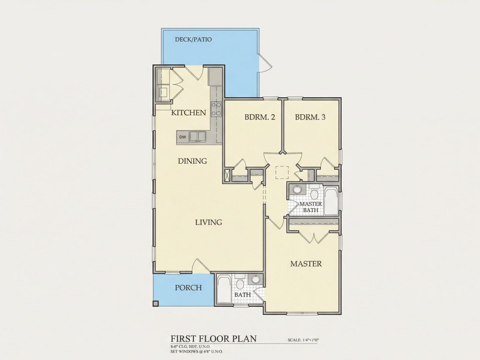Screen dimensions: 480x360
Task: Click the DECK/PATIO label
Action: pyautogui.click(x=193, y=39)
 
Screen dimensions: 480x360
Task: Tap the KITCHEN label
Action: pyautogui.click(x=188, y=113)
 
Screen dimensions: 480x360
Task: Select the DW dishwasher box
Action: pyautogui.click(x=182, y=137)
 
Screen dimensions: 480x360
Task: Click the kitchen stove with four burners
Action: pyautogui.click(x=216, y=109)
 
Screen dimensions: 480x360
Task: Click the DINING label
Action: pyautogui.click(x=192, y=161)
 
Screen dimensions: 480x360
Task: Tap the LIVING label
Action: pyautogui.click(x=209, y=222)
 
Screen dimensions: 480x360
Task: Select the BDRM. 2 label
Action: pyautogui.click(x=259, y=117)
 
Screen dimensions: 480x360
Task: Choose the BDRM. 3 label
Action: pyautogui.click(x=310, y=117)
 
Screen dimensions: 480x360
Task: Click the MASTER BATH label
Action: pyautogui.click(x=310, y=207)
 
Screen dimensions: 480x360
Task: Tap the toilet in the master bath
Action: pyautogui.click(x=314, y=193)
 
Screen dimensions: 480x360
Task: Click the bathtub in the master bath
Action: pyautogui.click(x=331, y=202)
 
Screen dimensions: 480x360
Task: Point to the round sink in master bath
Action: pyautogui.click(x=297, y=189)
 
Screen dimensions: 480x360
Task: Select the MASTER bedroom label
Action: pyautogui.click(x=306, y=264)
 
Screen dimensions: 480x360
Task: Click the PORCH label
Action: pyautogui.click(x=188, y=288)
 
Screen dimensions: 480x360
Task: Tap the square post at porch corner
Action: pyautogui.click(x=155, y=303)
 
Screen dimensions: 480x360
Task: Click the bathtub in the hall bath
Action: pyautogui.click(x=224, y=290)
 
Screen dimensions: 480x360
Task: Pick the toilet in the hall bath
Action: pyautogui.click(x=240, y=283)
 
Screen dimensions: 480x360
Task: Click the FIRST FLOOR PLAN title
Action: pyautogui.click(x=213, y=339)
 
